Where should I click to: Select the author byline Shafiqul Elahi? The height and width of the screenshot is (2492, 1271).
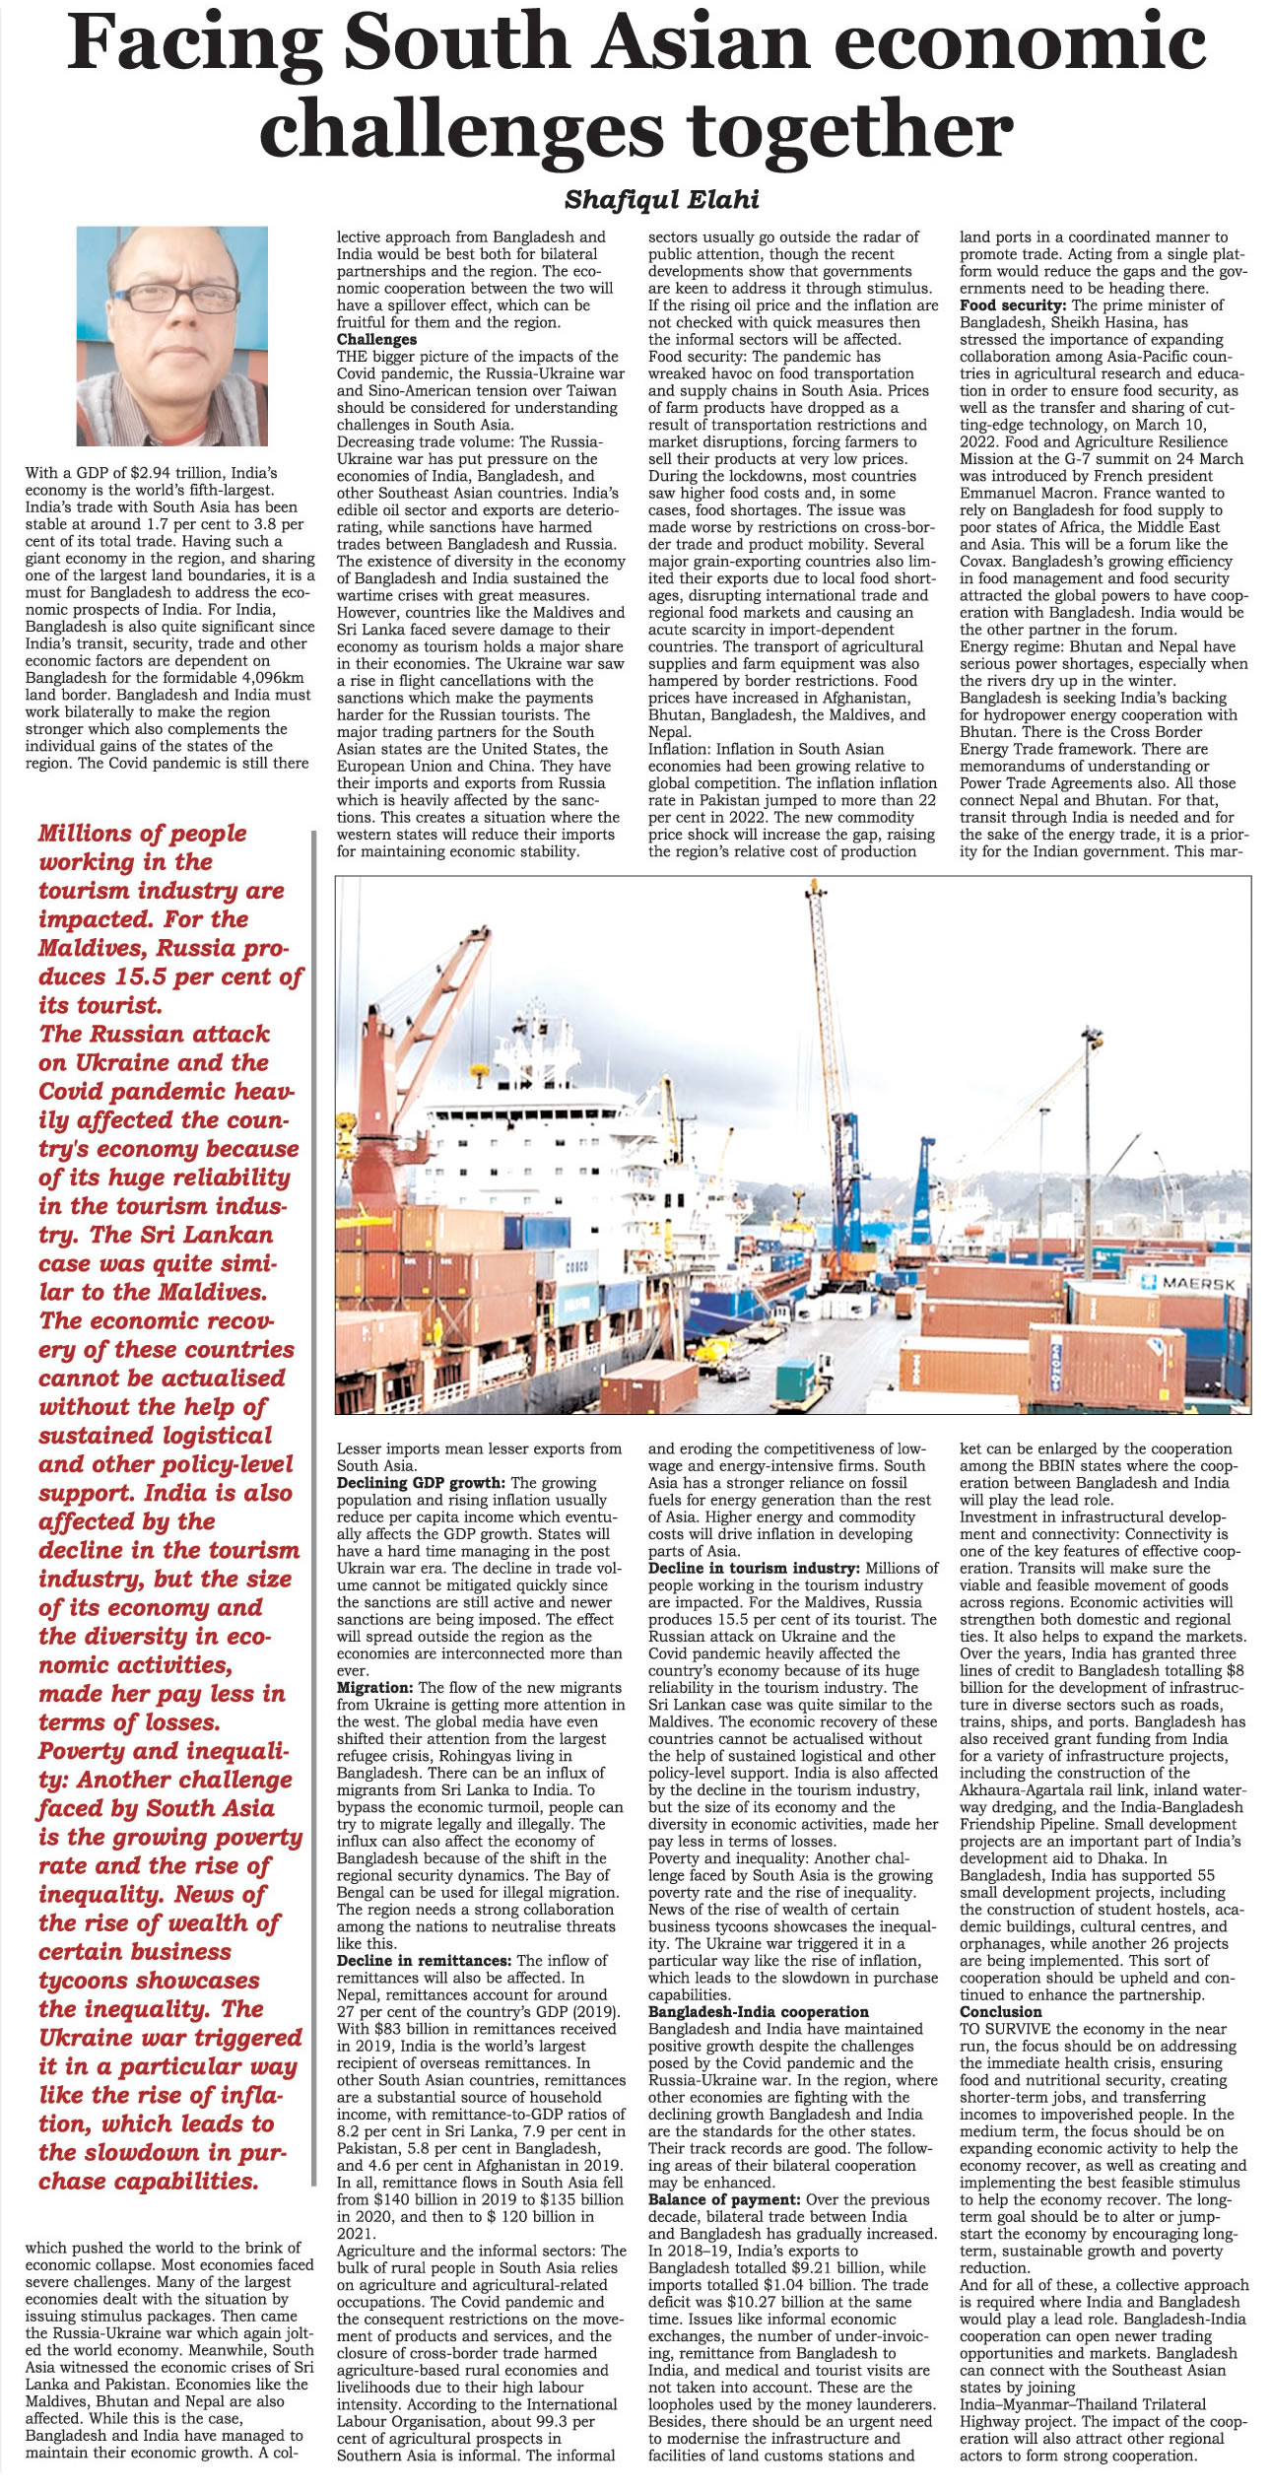(661, 200)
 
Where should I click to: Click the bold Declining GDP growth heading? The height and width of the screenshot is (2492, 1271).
(422, 1482)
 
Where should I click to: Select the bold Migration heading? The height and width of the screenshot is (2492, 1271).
(375, 1688)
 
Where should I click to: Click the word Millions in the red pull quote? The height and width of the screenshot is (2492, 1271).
(84, 834)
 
